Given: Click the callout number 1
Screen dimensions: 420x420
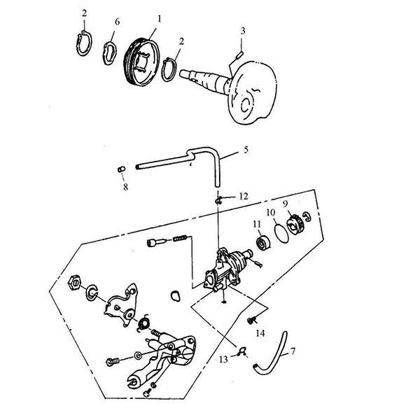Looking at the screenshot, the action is click(x=160, y=20).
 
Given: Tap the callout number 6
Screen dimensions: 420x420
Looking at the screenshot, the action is click(x=118, y=22).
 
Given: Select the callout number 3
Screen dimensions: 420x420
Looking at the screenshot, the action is click(x=243, y=31).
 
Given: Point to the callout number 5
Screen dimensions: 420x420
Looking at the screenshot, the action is click(x=246, y=150).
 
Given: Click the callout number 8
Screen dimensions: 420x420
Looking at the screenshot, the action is click(x=125, y=187).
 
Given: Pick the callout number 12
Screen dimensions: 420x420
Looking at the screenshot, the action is click(x=244, y=196).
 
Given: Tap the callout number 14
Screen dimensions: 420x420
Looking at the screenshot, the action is click(x=260, y=333).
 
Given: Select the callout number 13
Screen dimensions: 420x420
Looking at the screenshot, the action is click(x=223, y=360).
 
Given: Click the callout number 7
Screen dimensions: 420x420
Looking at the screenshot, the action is click(x=293, y=351).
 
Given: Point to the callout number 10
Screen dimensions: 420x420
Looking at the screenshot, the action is click(x=271, y=213).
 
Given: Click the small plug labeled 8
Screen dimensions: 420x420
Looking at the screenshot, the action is click(x=122, y=169).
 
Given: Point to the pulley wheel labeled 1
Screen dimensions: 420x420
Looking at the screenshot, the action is click(x=142, y=62).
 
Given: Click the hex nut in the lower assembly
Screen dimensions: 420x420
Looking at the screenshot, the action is click(x=74, y=283).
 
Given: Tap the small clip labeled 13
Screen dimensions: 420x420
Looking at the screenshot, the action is click(x=242, y=352).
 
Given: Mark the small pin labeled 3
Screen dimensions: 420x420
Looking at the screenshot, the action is click(x=239, y=55).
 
